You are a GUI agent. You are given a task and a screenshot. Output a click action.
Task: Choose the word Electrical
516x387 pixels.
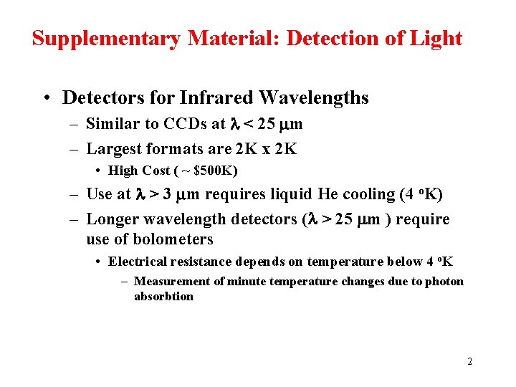pyautogui.click(x=137, y=262)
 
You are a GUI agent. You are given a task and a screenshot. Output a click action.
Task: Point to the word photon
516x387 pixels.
pyautogui.click(x=444, y=282)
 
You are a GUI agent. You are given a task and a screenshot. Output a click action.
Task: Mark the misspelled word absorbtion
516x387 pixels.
pyautogui.click(x=163, y=297)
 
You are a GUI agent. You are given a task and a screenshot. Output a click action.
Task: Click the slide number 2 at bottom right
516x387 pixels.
pyautogui.click(x=469, y=361)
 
